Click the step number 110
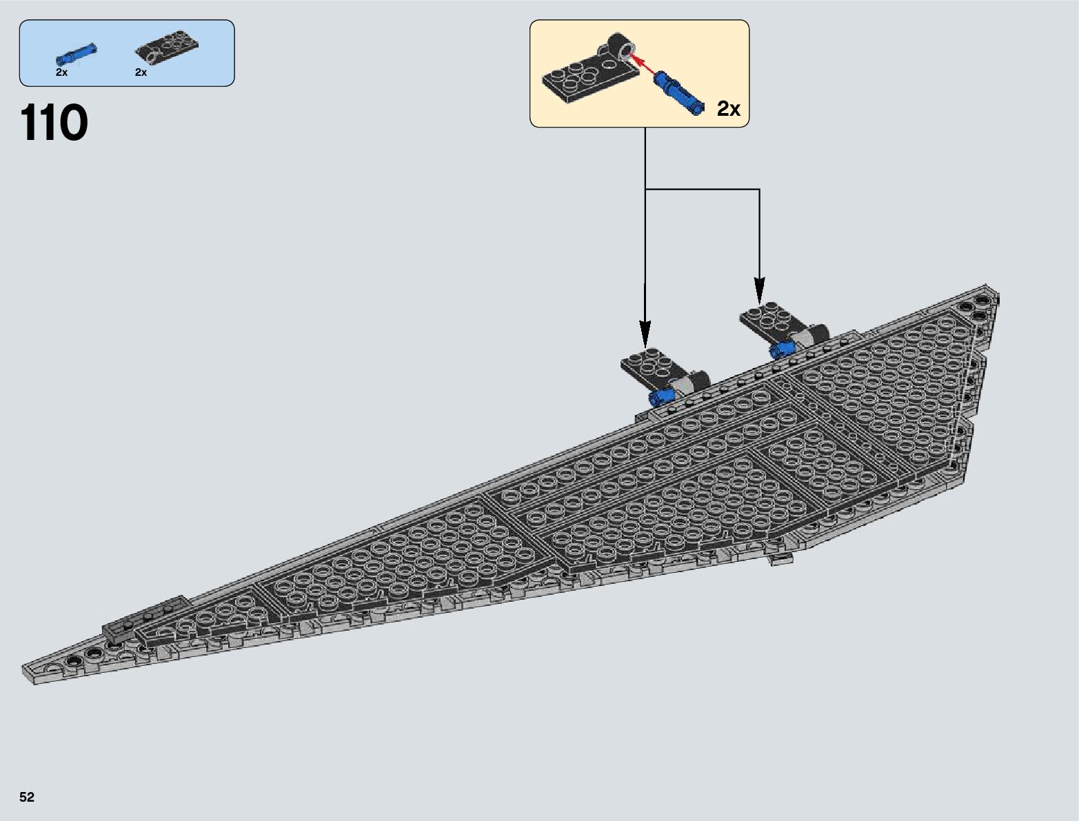click(x=54, y=123)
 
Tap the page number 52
click(x=27, y=797)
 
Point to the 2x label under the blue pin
click(x=61, y=72)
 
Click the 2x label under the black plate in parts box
click(x=141, y=72)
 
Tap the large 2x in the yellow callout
click(x=728, y=108)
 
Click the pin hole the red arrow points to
click(x=626, y=50)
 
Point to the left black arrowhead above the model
click(x=645, y=335)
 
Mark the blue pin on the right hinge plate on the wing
click(x=782, y=349)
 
